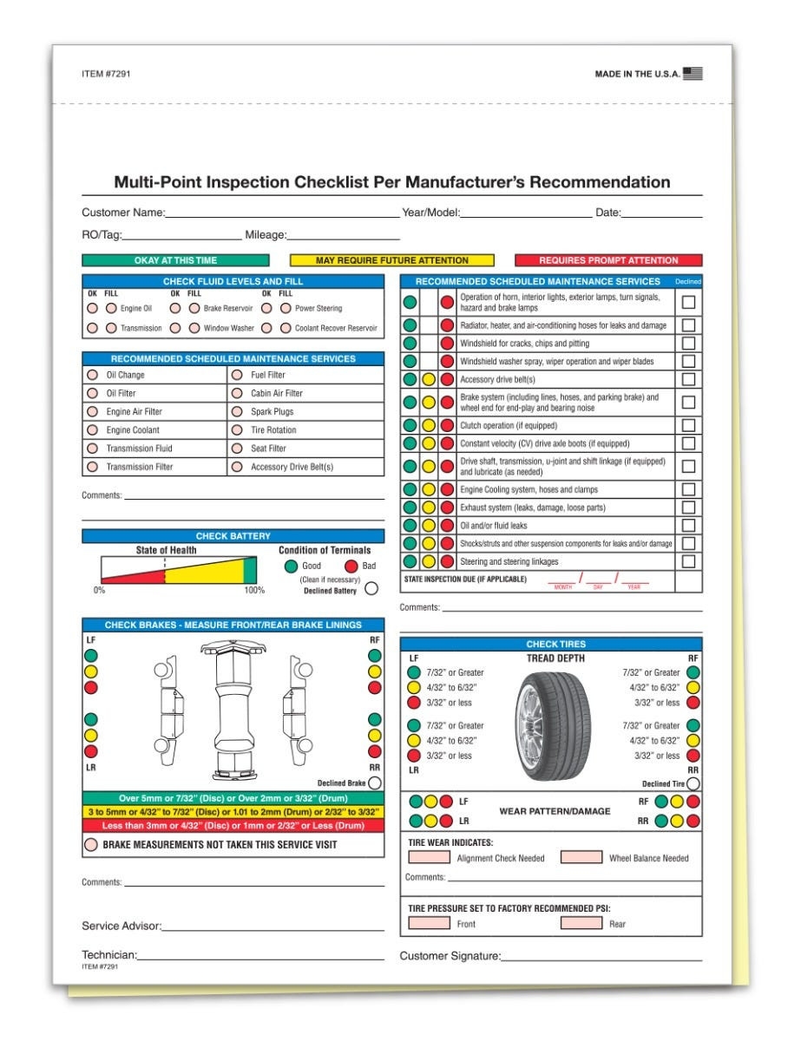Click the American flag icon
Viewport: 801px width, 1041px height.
[693, 74]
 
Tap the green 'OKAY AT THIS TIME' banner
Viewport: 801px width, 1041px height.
[176, 260]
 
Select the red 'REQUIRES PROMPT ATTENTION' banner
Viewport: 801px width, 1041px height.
[608, 260]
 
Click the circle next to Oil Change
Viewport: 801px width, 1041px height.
[92, 376]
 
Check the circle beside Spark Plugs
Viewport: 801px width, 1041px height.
[237, 412]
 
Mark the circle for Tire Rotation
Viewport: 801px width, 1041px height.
[237, 430]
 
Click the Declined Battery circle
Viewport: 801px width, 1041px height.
[371, 589]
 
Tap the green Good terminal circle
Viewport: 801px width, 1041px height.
[291, 566]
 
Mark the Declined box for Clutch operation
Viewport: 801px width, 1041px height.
[688, 425]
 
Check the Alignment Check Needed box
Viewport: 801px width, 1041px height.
[430, 858]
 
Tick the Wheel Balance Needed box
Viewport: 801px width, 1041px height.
[581, 858]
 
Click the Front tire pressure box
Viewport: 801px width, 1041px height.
[430, 923]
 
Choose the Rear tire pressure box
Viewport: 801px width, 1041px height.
[581, 923]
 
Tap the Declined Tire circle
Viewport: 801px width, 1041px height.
[693, 783]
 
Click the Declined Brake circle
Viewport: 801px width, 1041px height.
[375, 782]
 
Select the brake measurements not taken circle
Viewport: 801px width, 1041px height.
[90, 844]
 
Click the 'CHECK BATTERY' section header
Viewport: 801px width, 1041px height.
[233, 536]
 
